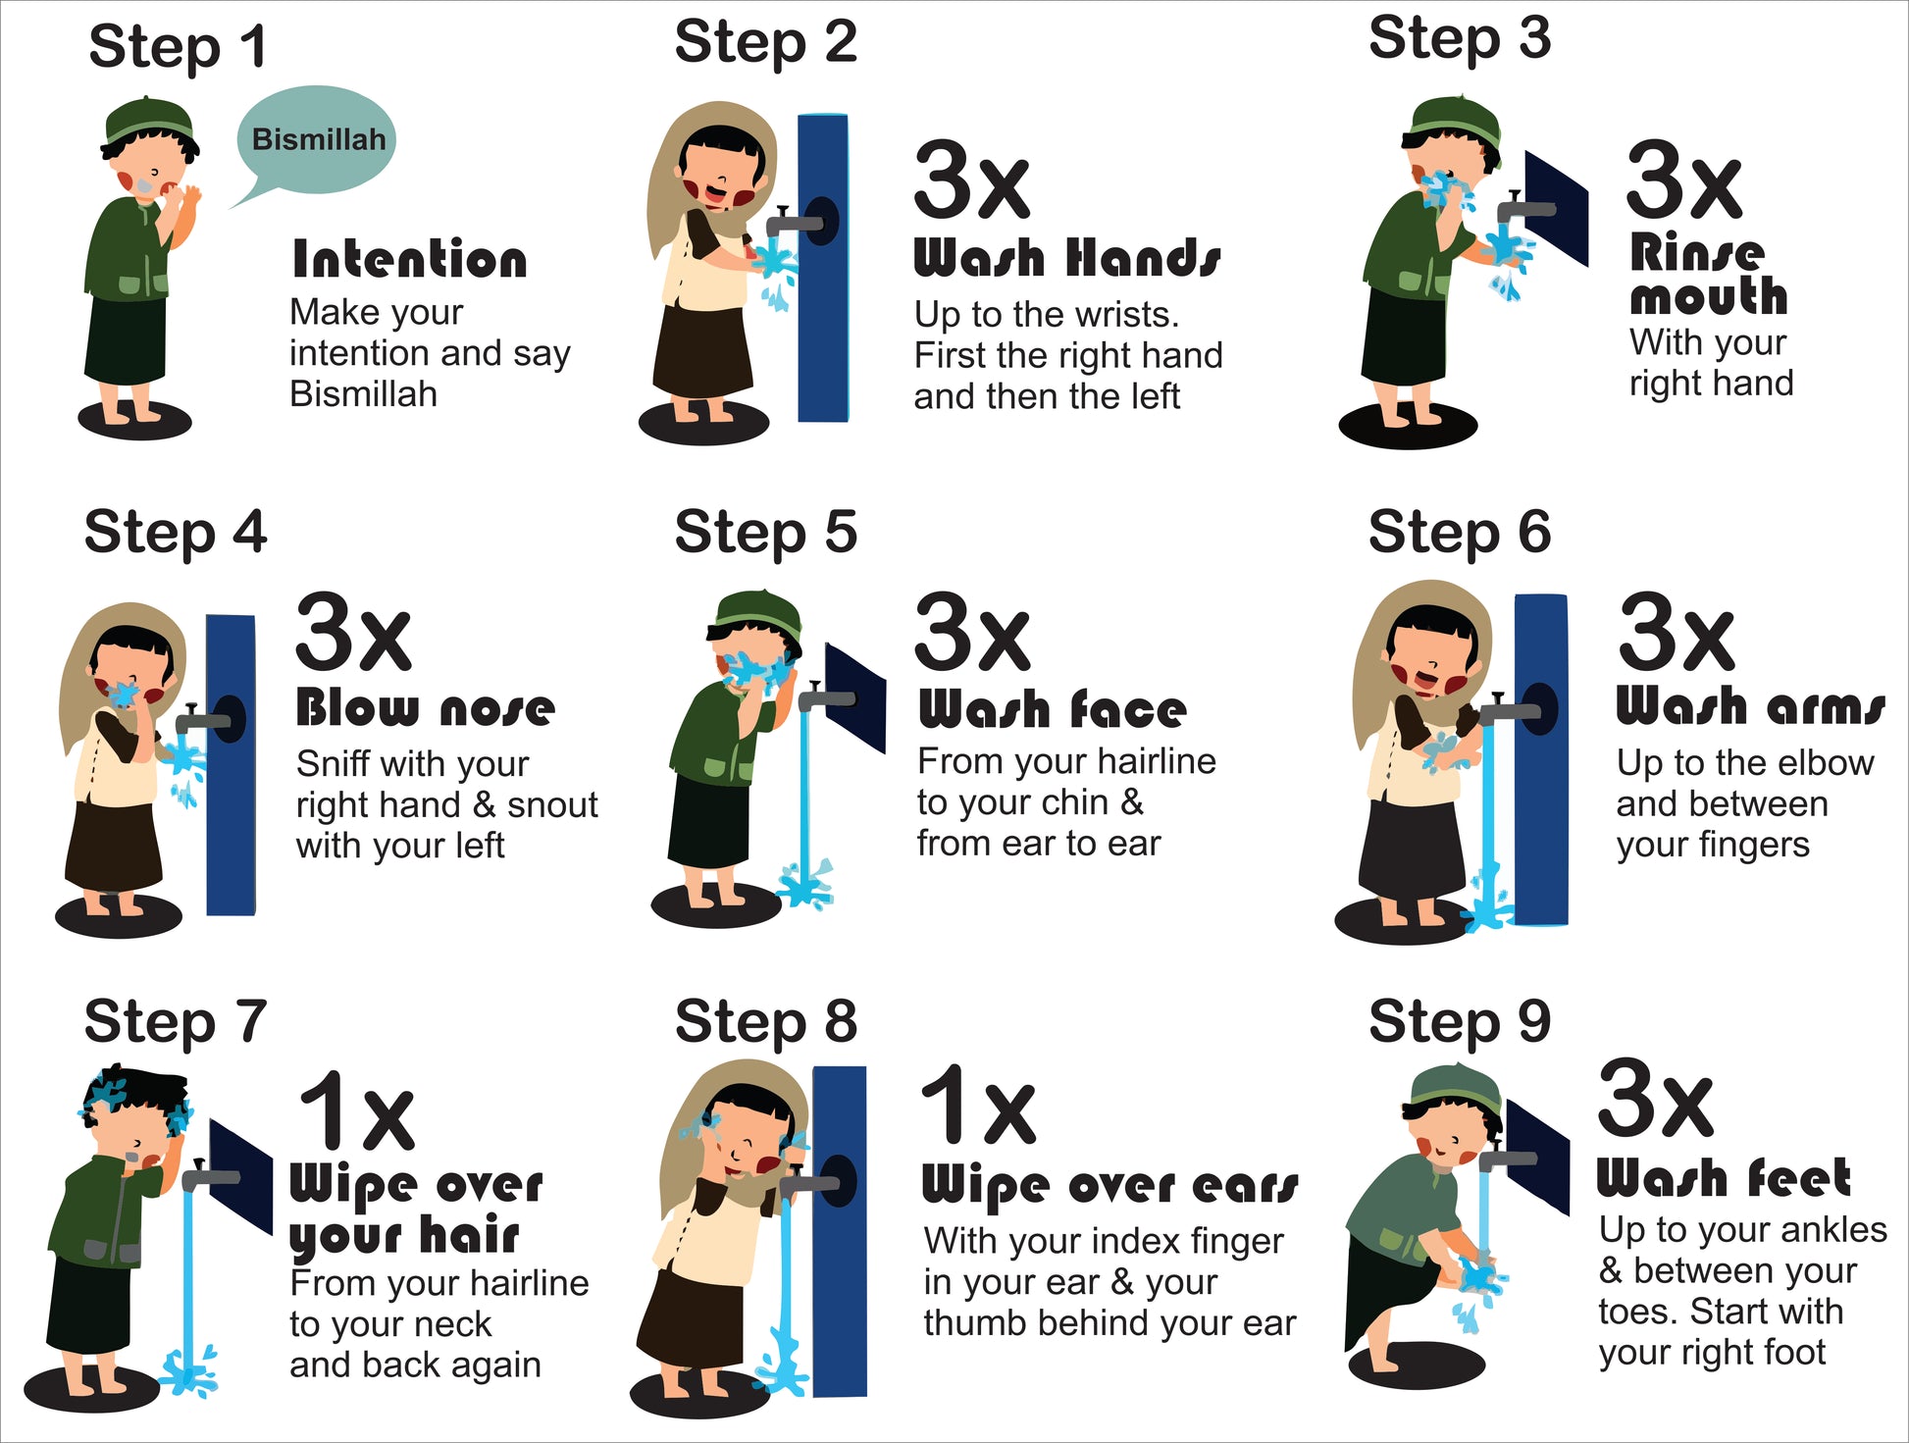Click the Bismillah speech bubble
pos(316,140)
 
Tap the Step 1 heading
pos(178,47)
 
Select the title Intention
pos(410,260)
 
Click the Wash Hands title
pos(1067,258)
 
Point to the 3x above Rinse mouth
pos(1683,181)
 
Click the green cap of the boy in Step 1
pos(149,121)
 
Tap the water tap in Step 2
pos(800,221)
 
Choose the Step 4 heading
pos(176,533)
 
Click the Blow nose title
pos(426,707)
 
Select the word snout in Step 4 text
pos(552,805)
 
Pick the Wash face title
pos(1053,708)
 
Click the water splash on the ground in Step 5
pos(804,884)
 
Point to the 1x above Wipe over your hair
pos(357,1110)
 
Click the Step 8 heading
pos(766,1021)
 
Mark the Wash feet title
pos(1724,1178)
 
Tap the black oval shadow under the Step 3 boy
pos(1408,426)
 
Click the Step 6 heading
pos(1460,533)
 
